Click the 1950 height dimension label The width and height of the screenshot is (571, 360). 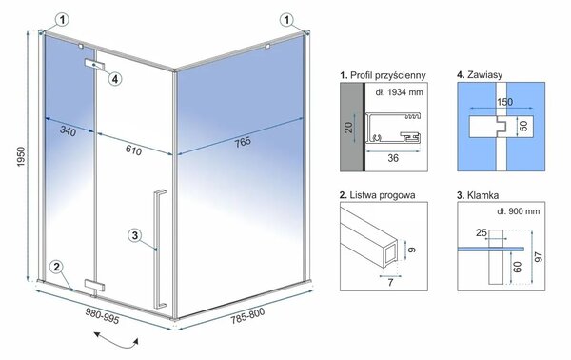(21, 156)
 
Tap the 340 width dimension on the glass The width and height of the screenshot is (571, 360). (69, 130)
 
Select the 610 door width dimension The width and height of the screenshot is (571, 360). (133, 150)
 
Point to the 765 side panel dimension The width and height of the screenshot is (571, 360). (243, 142)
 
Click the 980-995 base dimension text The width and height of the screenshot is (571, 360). (103, 315)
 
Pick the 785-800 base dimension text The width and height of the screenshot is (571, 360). (247, 315)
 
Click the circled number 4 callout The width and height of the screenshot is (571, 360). (115, 78)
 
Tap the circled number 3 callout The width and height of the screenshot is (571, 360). (135, 235)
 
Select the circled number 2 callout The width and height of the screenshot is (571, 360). (56, 267)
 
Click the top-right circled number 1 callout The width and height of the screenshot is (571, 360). (287, 20)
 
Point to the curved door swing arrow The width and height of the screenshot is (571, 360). (116, 340)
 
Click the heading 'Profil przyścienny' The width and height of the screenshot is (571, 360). (383, 75)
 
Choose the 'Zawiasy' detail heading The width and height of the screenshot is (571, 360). (480, 74)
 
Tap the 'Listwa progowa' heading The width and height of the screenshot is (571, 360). (377, 195)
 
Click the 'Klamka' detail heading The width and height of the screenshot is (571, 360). (478, 195)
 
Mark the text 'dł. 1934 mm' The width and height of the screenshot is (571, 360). (399, 92)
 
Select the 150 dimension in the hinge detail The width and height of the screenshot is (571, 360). (504, 102)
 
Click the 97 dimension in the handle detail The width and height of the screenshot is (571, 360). (539, 256)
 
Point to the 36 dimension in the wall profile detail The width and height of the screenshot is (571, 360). (393, 158)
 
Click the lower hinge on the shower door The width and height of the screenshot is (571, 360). (94, 286)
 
